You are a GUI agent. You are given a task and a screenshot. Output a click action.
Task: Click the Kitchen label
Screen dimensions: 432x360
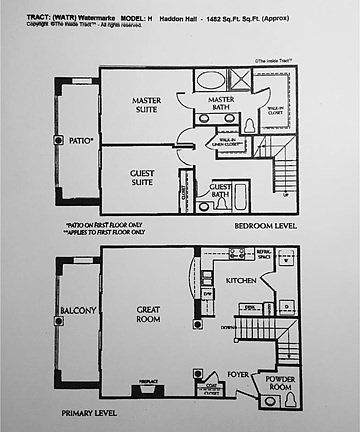tap(241, 281)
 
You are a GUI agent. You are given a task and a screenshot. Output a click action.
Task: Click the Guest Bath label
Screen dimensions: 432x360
tap(221, 191)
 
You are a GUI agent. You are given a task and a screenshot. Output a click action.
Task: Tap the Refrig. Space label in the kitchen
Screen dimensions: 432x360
tap(264, 256)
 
